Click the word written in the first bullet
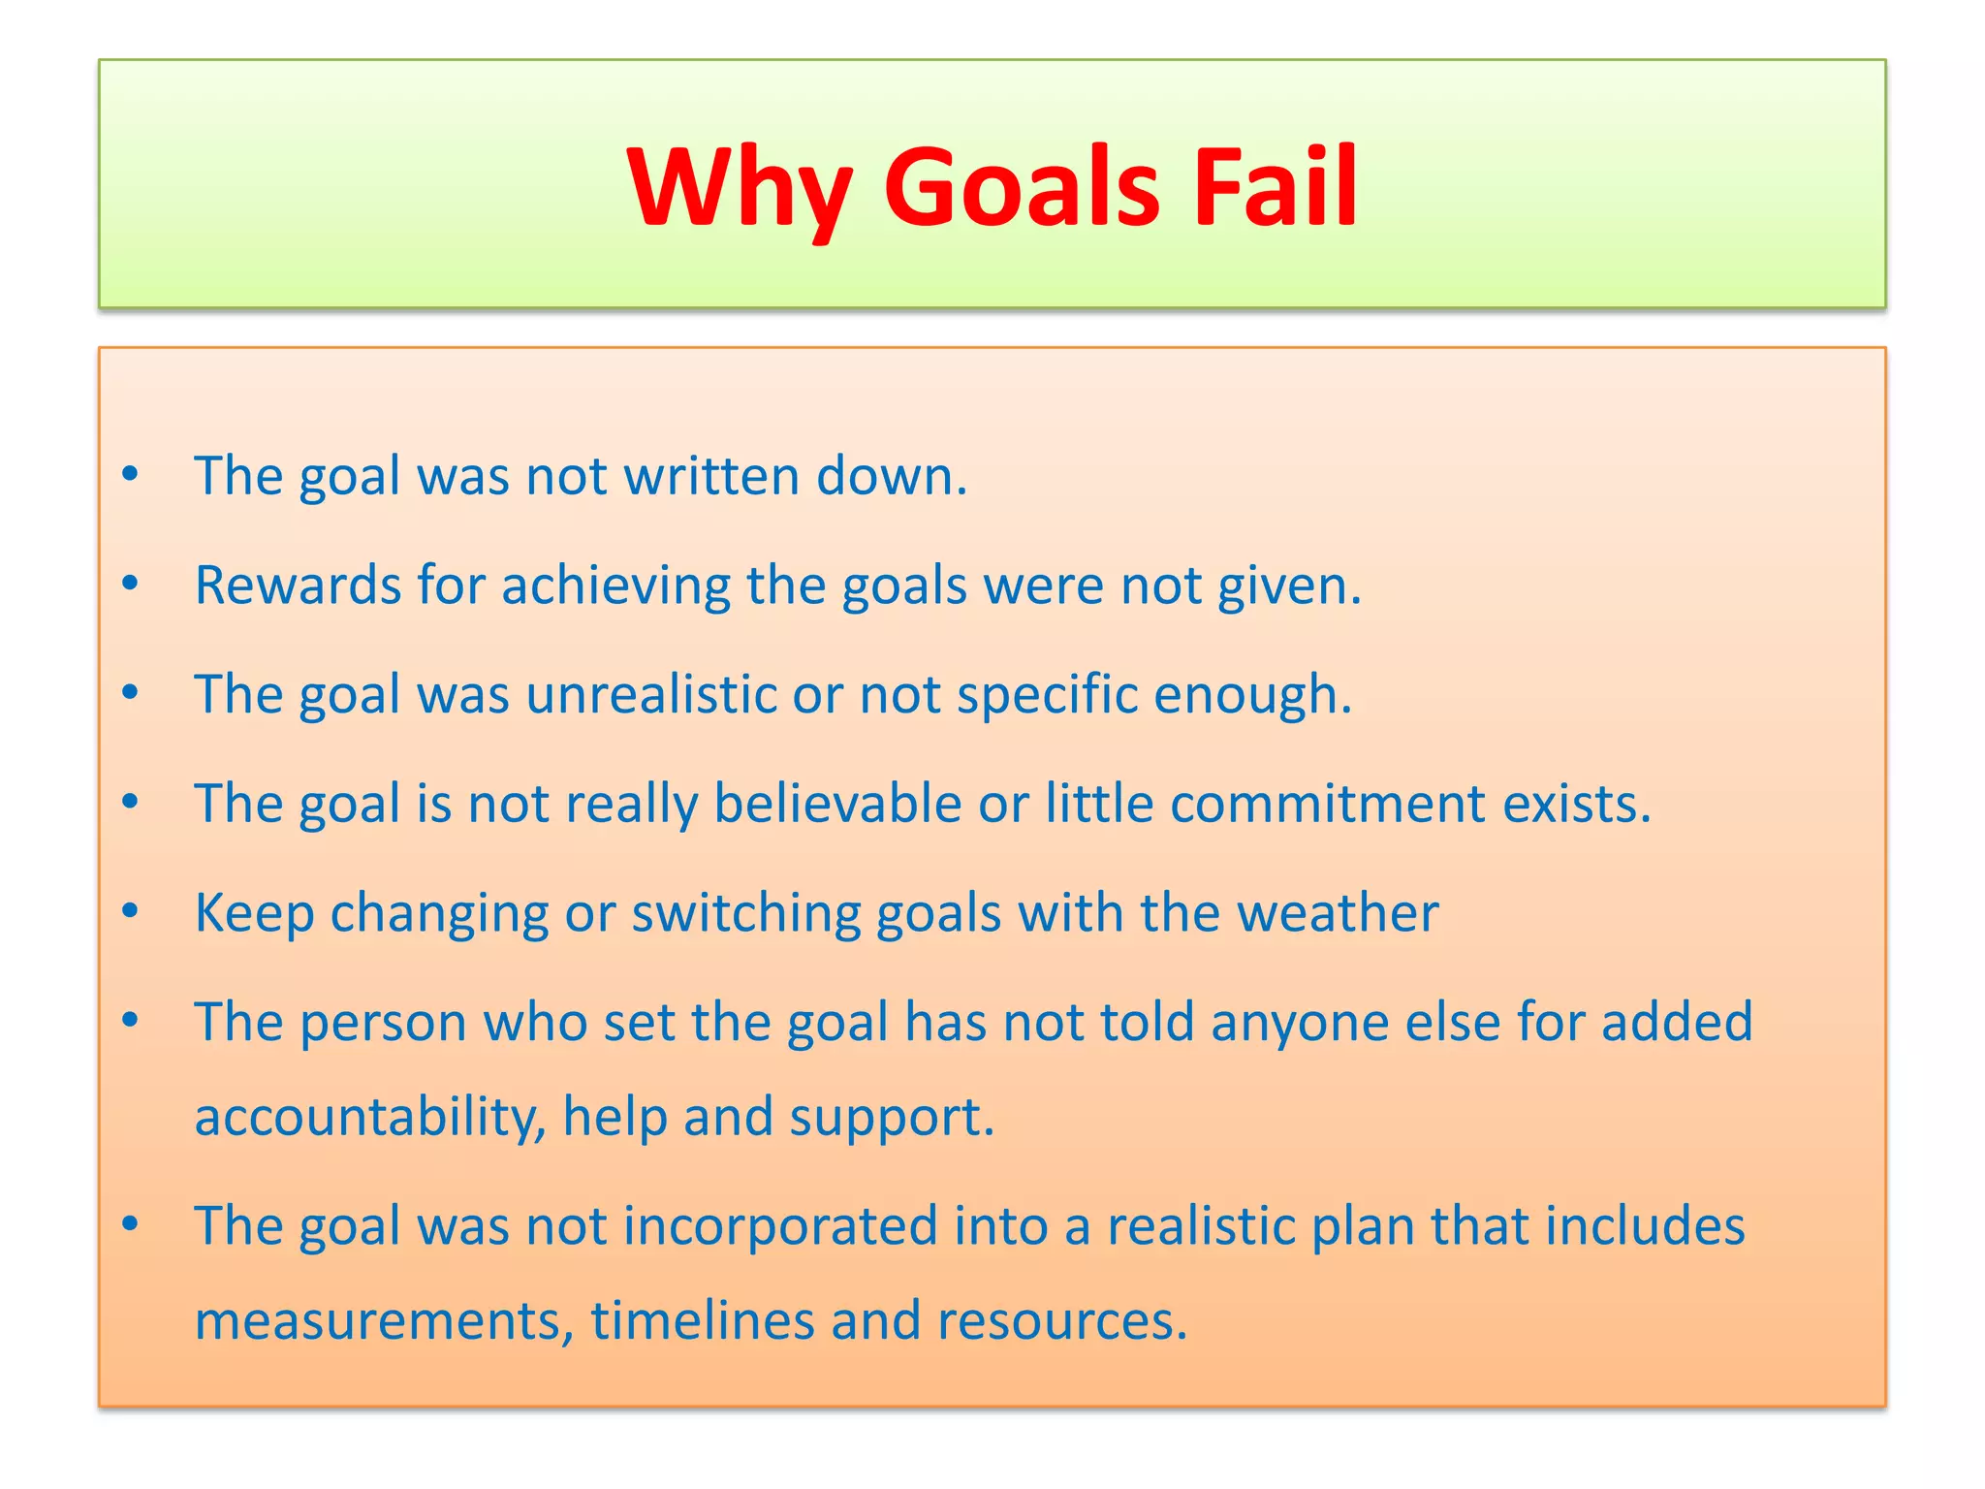[x=711, y=476]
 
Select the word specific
[x=1047, y=694]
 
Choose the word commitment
[x=1328, y=804]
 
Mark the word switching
[x=745, y=913]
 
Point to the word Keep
[x=254, y=913]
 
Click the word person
[x=383, y=1022]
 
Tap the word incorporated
[x=780, y=1225]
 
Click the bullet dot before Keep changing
[x=131, y=911]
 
